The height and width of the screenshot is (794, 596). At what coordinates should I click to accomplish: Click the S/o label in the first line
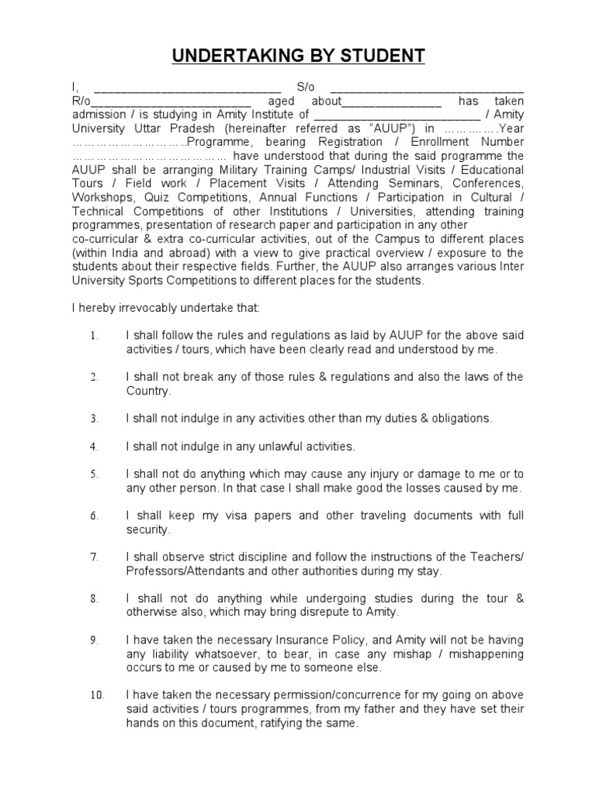(306, 88)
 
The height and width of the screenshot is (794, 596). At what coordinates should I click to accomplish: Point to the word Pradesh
(192, 129)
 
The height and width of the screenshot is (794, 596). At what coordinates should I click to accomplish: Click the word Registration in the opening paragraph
(376, 142)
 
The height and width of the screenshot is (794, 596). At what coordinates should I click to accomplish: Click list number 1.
(93, 336)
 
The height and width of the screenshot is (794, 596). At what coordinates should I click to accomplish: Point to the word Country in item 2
(147, 392)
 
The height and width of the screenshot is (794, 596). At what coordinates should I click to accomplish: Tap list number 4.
(93, 447)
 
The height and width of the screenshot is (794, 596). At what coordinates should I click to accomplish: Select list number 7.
(93, 558)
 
